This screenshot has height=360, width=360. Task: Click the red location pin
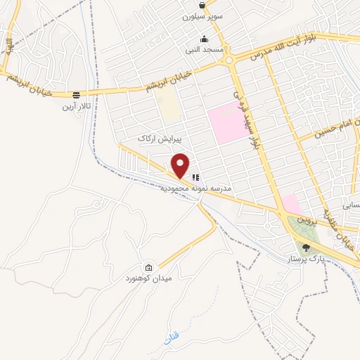coord(181,165)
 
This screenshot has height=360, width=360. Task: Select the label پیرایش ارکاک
coord(155,139)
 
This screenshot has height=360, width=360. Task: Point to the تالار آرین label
coord(75,106)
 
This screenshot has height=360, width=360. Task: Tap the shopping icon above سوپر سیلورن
coord(202,5)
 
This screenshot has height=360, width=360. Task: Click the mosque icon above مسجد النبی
coord(204,39)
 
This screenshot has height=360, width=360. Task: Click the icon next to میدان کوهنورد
coord(149,267)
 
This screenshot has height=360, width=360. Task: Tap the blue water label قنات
coord(169,337)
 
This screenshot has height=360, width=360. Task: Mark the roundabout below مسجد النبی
coord(231,61)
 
